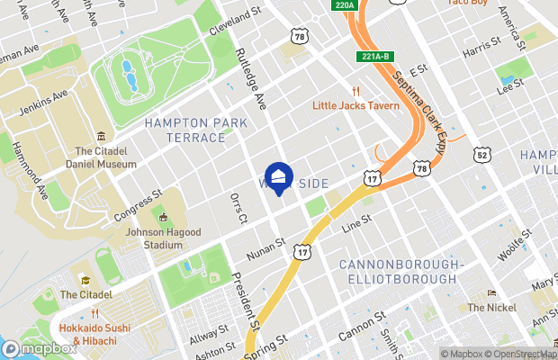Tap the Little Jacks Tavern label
(355, 104)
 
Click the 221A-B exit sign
(376, 56)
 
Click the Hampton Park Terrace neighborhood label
(184, 130)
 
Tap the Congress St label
(138, 205)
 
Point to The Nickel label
(490, 307)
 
